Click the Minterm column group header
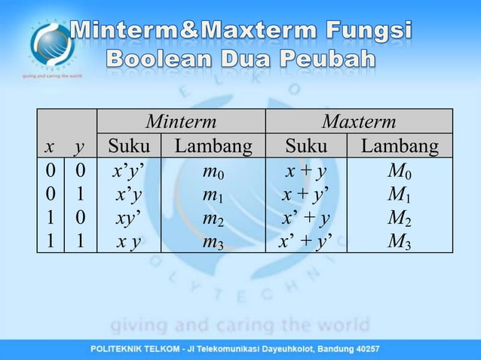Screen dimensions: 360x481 click(181, 121)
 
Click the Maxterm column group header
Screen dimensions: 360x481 click(358, 121)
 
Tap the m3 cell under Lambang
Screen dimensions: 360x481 click(213, 242)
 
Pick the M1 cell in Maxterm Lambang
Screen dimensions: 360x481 click(400, 195)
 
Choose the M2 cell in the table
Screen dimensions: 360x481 click(400, 218)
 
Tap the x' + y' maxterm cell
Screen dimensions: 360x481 click(305, 242)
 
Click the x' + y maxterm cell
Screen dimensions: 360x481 click(305, 218)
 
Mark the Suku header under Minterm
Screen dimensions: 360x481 click(129, 145)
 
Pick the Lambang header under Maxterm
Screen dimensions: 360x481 click(400, 145)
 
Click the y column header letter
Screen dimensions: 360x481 click(79, 145)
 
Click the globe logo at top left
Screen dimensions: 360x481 click(51, 44)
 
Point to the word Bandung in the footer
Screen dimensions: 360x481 click(331, 349)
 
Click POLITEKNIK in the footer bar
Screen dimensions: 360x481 click(121, 349)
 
